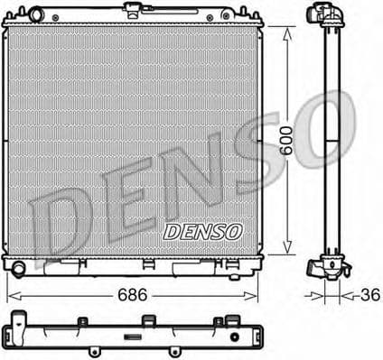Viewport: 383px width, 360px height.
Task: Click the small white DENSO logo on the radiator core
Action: pyautogui.click(x=204, y=232)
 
